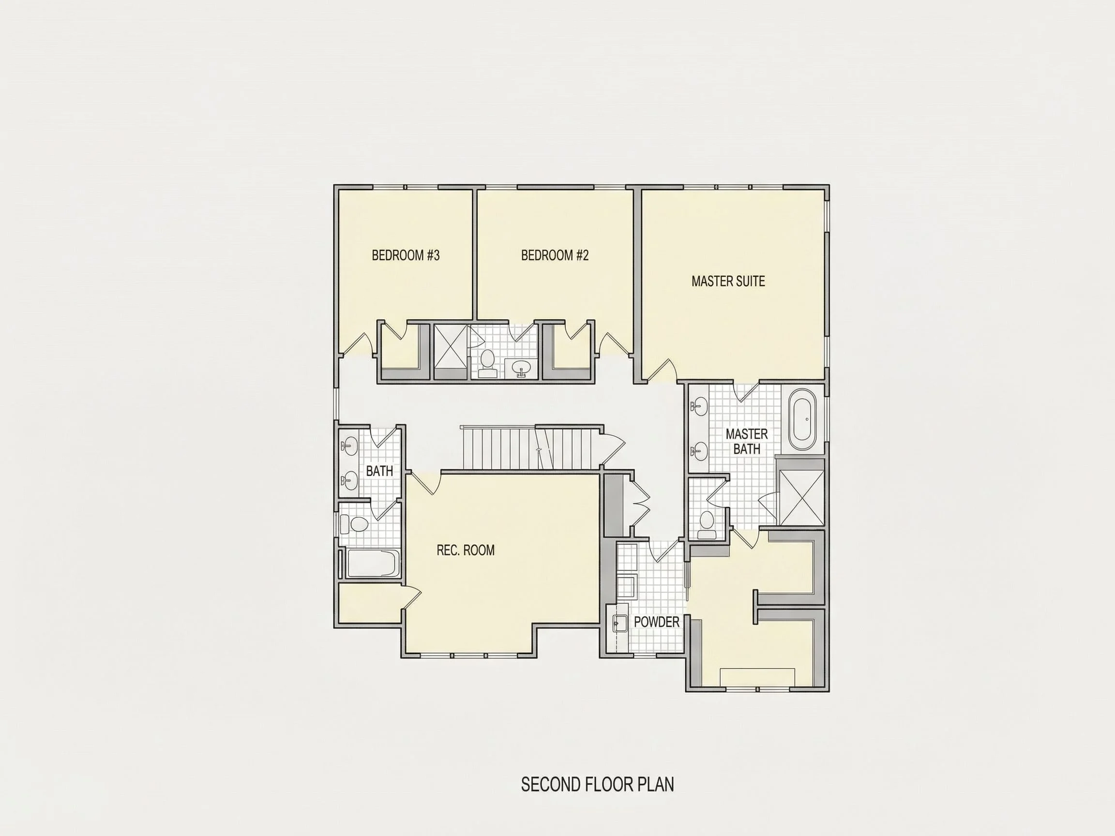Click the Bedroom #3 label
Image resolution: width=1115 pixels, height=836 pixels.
(x=406, y=255)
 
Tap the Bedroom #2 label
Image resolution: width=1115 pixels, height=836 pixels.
(x=555, y=255)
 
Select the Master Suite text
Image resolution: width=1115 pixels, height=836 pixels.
(x=728, y=281)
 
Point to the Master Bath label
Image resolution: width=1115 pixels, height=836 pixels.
(x=747, y=441)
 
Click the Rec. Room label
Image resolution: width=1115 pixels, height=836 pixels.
(x=465, y=550)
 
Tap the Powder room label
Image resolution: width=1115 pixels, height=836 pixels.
(x=656, y=622)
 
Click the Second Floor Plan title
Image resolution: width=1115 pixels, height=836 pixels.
(x=597, y=785)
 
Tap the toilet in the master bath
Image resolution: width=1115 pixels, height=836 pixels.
(x=707, y=524)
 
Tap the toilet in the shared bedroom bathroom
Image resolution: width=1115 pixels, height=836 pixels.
(x=487, y=364)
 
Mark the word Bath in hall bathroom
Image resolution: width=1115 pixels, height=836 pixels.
(x=379, y=471)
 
